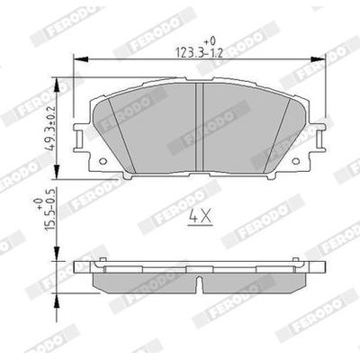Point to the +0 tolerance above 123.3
click(x=211, y=40)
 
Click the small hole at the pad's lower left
click(x=101, y=162)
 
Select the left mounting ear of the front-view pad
click(x=82, y=141)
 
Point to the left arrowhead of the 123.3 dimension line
click(x=76, y=58)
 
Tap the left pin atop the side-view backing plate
click(x=104, y=262)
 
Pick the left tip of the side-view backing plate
click(x=77, y=270)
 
